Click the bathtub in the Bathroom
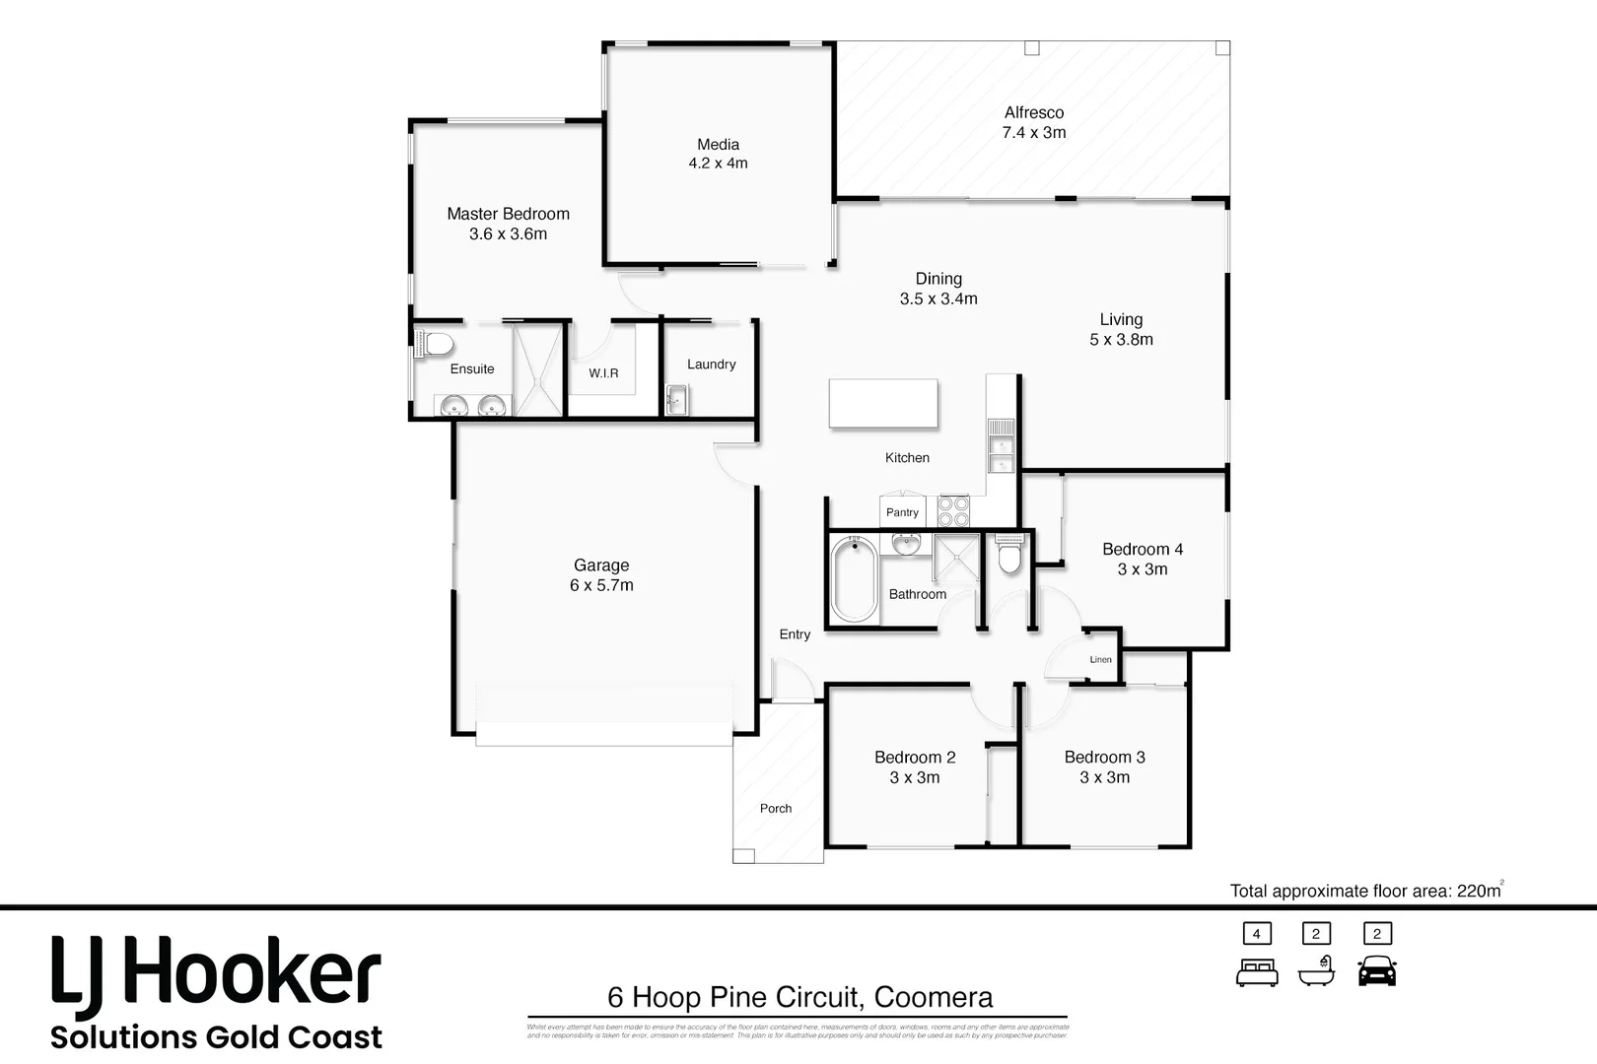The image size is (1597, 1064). [x=854, y=579]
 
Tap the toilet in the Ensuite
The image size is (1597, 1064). [x=435, y=344]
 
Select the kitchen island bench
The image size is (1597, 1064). [x=882, y=403]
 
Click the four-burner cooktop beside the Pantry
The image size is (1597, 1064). [x=953, y=511]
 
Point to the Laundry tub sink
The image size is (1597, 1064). [x=676, y=400]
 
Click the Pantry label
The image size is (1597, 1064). [x=902, y=512]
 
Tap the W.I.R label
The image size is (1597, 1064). [x=603, y=373]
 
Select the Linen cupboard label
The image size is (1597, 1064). [x=1100, y=660]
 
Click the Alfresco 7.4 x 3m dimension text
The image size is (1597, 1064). [x=1033, y=133]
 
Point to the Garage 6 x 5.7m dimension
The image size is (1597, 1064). [x=601, y=585]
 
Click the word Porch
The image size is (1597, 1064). [x=776, y=808]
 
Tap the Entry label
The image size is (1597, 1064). [x=795, y=634]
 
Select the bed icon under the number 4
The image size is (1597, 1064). [x=1257, y=972]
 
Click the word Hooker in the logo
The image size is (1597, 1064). [x=254, y=972]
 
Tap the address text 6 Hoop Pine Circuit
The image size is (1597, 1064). [x=734, y=997]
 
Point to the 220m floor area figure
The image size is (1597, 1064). [x=1478, y=891]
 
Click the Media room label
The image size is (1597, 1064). [x=718, y=145]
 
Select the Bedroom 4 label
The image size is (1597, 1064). [x=1142, y=549]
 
